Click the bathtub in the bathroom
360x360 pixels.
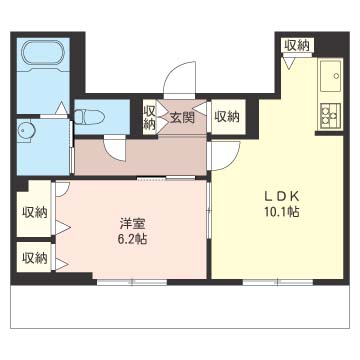[x=42, y=52]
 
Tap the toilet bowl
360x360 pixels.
[x=89, y=117]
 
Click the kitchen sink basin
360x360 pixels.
[x=331, y=75]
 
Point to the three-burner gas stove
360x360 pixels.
[x=330, y=116]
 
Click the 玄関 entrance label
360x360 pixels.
[x=182, y=118]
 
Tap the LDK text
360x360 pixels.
[x=280, y=197]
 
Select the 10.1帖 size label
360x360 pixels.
[x=280, y=212]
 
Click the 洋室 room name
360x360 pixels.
[x=132, y=224]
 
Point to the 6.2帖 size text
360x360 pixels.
[x=132, y=239]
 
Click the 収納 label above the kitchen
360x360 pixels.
[x=297, y=45]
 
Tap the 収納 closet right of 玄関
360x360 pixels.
[x=227, y=117]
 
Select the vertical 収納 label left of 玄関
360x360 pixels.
[x=149, y=117]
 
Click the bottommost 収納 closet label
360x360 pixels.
[x=35, y=258]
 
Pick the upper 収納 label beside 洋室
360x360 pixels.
[x=35, y=212]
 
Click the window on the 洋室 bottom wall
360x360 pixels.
[x=132, y=283]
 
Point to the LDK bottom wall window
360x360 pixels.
[x=278, y=283]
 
